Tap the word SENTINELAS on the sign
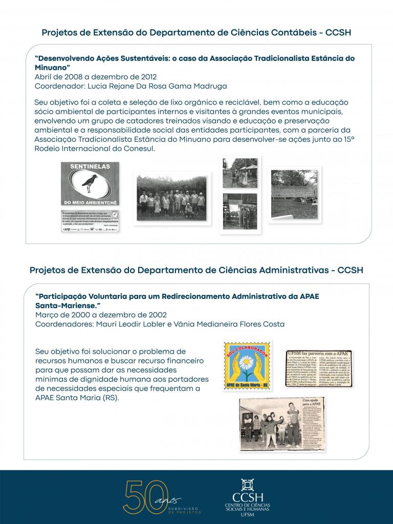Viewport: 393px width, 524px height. click(90, 167)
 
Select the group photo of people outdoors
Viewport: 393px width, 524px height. click(171, 199)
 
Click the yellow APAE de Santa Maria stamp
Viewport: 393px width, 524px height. click(248, 365)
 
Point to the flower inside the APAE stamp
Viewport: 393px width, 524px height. click(248, 364)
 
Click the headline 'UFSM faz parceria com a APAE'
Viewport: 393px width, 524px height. click(312, 353)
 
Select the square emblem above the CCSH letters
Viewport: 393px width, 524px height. click(248, 485)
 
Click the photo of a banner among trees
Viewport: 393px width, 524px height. click(294, 187)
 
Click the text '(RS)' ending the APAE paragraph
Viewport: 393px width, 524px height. click(110, 398)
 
